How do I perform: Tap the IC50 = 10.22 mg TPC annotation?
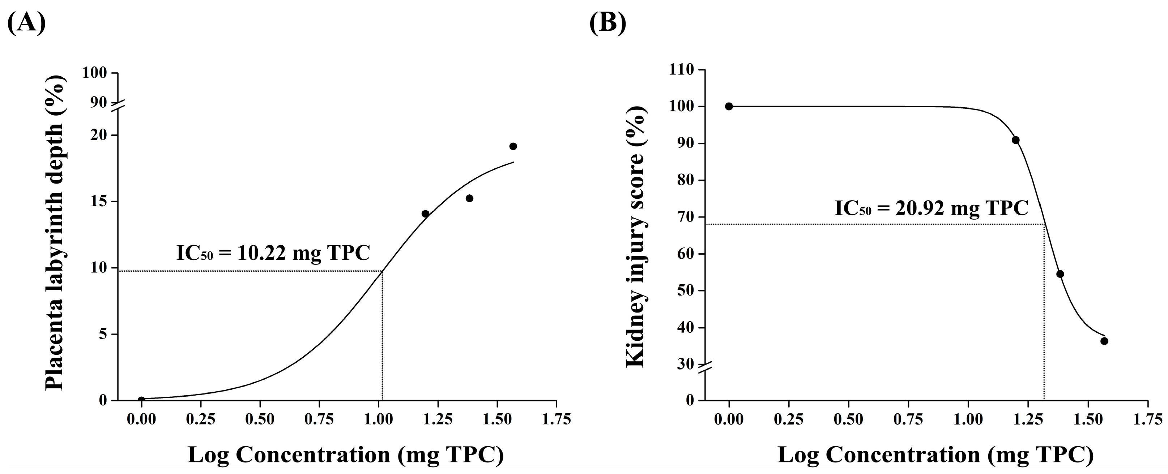tap(273, 253)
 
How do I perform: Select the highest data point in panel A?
tap(513, 146)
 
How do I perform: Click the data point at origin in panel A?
tap(141, 400)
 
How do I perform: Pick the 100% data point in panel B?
tap(729, 107)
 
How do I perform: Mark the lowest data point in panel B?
tap(1104, 341)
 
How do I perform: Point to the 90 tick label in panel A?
tap(98, 102)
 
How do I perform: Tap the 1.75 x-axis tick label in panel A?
tap(557, 419)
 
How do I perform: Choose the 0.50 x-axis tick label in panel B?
tap(848, 419)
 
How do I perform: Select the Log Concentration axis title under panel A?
tap(345, 455)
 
